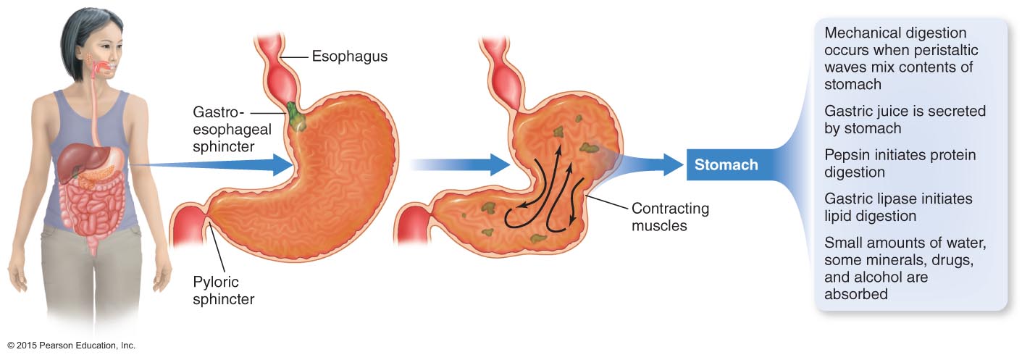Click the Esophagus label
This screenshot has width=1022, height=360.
349,56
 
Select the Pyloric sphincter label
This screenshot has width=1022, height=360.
216,290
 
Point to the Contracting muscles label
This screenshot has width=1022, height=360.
670,217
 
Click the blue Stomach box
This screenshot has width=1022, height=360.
726,164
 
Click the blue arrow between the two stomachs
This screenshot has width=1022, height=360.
464,164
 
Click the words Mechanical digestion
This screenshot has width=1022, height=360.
895,33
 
